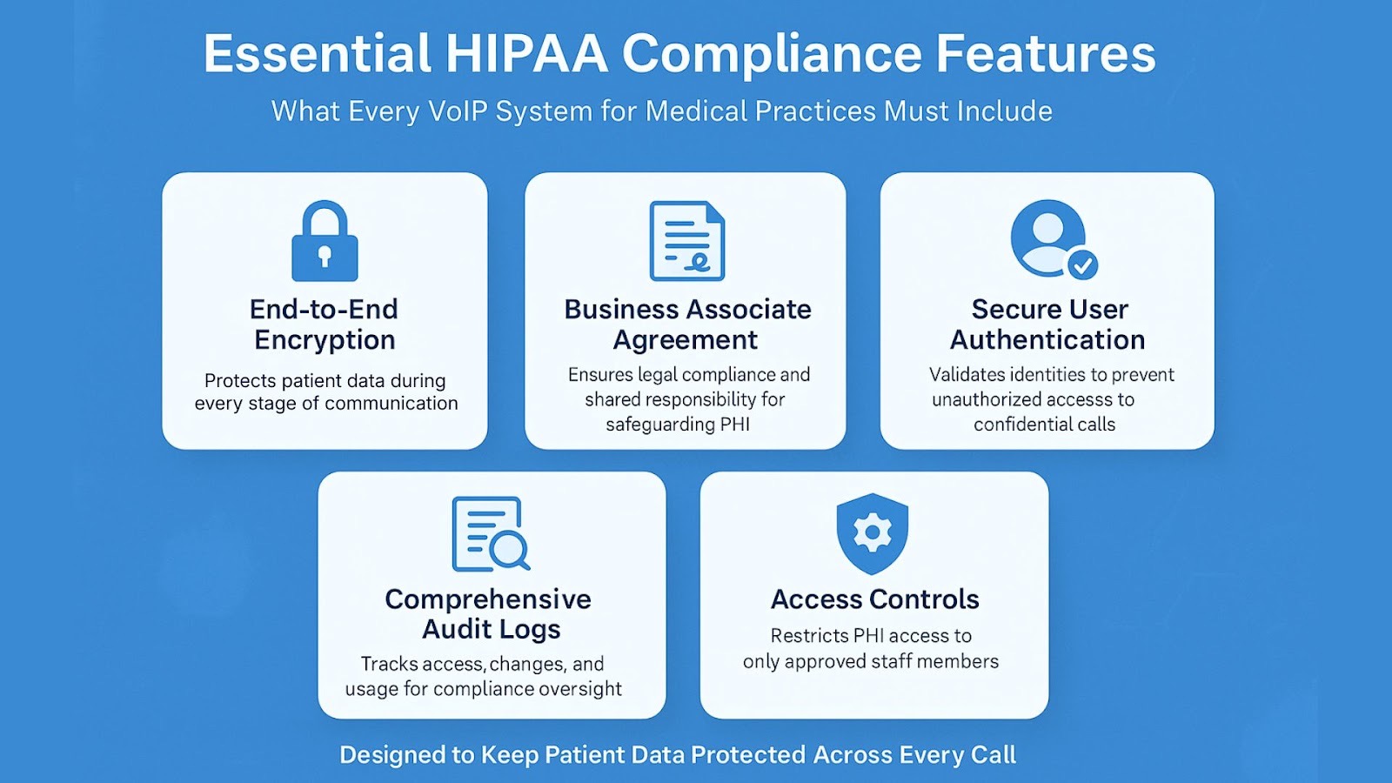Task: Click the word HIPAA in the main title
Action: pos(526,53)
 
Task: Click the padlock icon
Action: pos(325,240)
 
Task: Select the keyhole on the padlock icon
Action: pos(325,256)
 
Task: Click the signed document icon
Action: pos(686,240)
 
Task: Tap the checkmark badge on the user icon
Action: pos(1082,265)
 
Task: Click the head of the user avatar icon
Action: pos(1048,228)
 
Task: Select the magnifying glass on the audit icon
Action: pos(509,551)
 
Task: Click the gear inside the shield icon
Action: pos(873,532)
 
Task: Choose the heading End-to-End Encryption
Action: pos(325,325)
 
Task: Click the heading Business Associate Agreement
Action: pos(687,325)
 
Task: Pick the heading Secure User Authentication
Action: pos(1047,325)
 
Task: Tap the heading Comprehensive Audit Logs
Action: pos(489,614)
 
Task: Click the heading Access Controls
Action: pos(875,599)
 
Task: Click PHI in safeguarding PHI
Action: pos(735,425)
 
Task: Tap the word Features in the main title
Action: pos(1046,53)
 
